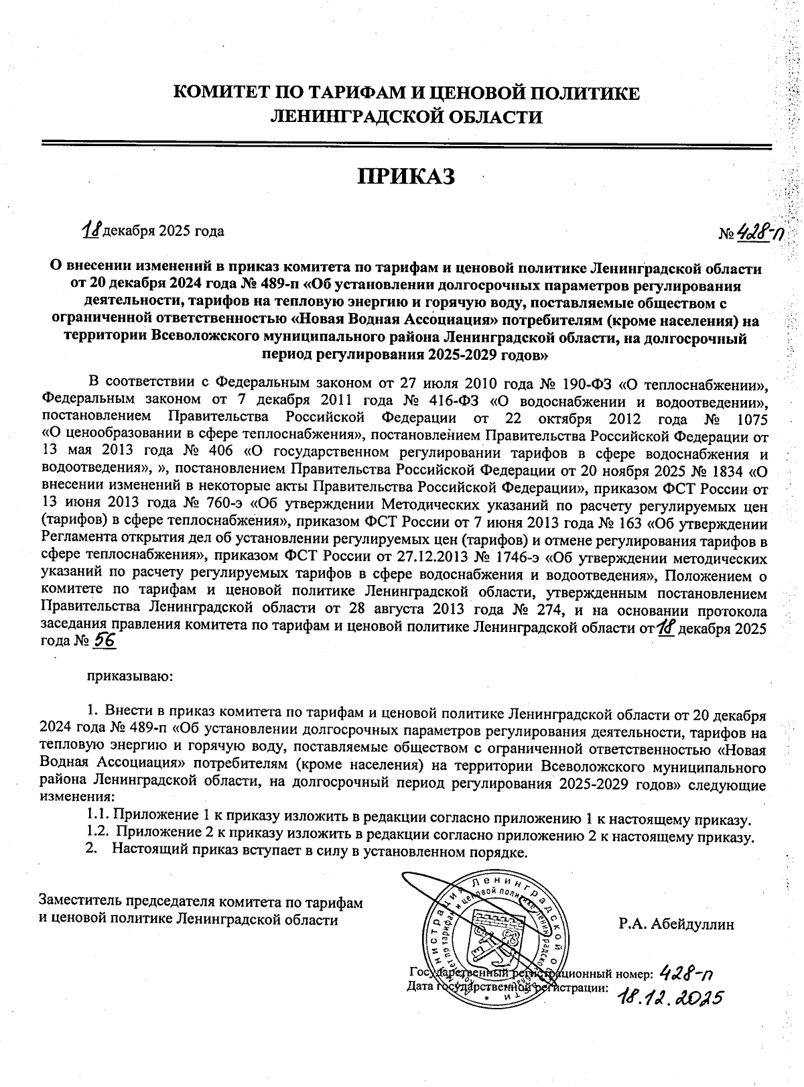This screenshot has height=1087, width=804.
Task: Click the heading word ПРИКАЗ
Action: coord(407,176)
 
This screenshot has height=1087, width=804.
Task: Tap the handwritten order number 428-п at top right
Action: coord(761,233)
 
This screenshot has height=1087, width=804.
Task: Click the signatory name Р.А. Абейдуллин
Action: coord(676,924)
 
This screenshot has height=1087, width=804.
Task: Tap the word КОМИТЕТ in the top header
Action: coord(213,93)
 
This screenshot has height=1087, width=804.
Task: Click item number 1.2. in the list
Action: coord(98,836)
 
